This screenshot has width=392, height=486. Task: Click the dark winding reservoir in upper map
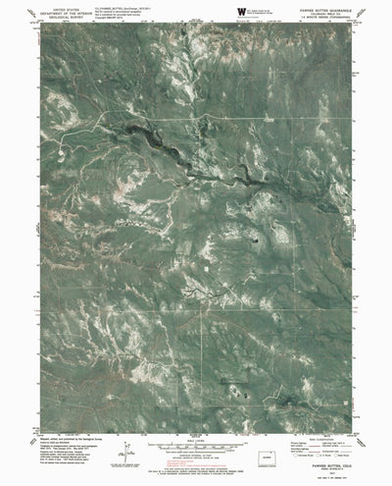(157, 137)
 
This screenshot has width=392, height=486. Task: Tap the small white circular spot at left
(63, 150)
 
